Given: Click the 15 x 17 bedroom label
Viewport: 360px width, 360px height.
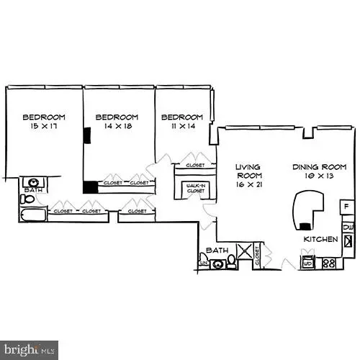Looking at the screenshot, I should coord(44,122).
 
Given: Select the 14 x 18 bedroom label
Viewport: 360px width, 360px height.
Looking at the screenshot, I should coord(117,122).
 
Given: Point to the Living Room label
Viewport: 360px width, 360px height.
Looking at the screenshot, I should coord(248,176).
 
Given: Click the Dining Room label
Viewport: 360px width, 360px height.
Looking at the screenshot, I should coord(316,171).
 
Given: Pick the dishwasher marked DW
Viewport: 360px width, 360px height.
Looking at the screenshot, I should coord(348,228).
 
